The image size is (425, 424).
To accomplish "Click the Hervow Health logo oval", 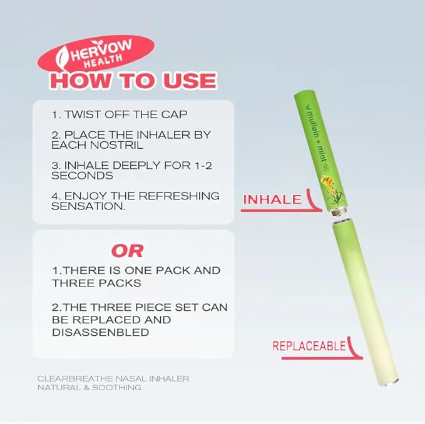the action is pos(96,54).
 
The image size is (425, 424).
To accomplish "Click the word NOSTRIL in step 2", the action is pos(116,145).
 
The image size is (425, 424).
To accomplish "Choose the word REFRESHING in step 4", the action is pos(180,196).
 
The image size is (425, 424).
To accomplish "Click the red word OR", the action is pos(127,251).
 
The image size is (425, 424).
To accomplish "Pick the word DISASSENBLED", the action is pos(101,333).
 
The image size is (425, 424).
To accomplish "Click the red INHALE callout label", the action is pos(272,200).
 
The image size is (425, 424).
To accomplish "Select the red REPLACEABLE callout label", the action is pos(309,346).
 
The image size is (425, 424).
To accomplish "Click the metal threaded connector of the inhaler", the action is pos(338,211).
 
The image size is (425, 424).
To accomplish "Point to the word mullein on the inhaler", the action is pos(311,123).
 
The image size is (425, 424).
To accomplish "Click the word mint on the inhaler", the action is pos(322,154).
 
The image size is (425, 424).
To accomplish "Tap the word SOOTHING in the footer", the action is pos(116,388).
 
